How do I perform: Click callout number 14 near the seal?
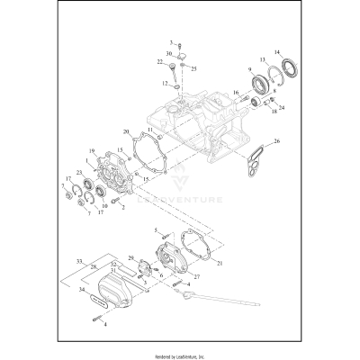pyautogui.click(x=278, y=52)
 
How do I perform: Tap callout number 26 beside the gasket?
pyautogui.click(x=277, y=140)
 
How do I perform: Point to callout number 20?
pyautogui.click(x=128, y=131)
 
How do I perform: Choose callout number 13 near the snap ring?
pyautogui.click(x=263, y=59)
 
